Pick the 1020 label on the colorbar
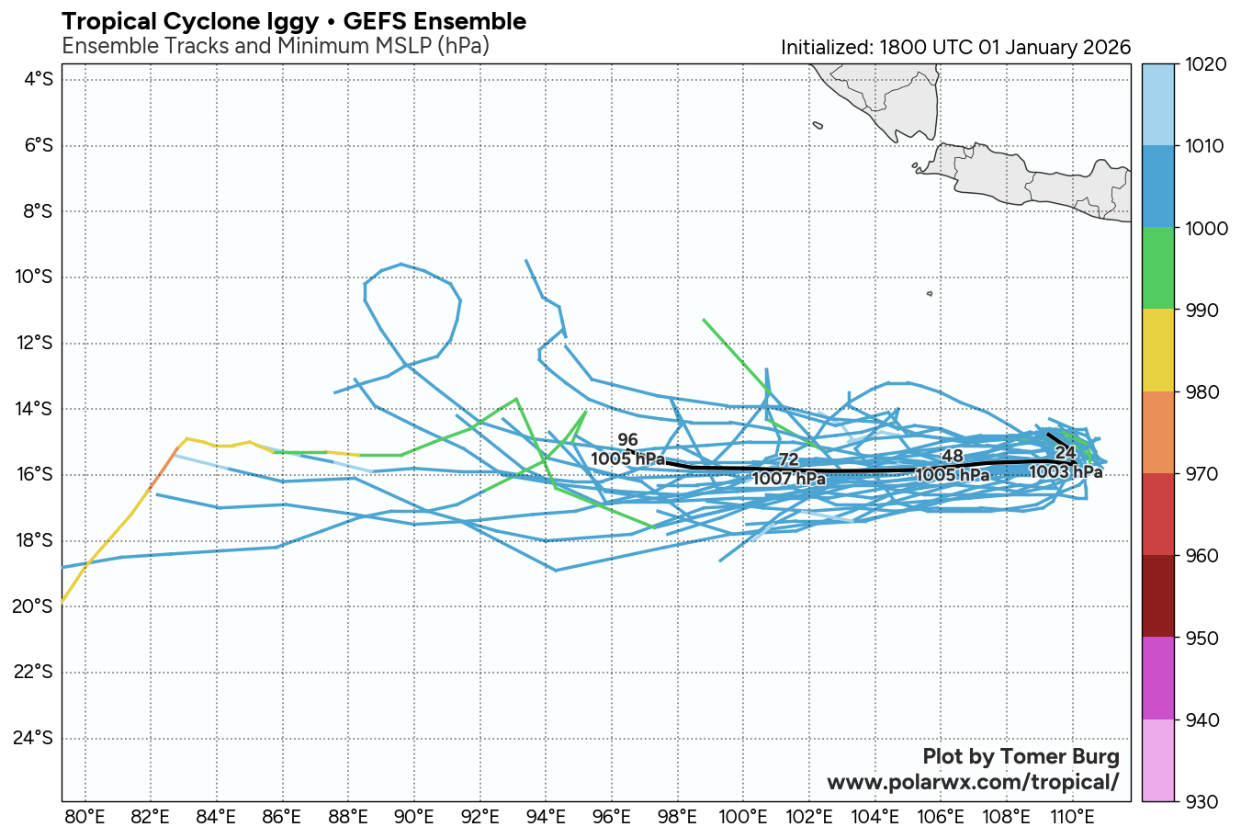click(1207, 64)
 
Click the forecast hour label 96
click(627, 441)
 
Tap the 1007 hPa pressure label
click(788, 479)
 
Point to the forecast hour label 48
click(953, 457)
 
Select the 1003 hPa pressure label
click(1065, 472)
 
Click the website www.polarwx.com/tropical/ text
click(973, 782)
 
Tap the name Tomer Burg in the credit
click(1059, 756)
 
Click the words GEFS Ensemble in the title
click(434, 22)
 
